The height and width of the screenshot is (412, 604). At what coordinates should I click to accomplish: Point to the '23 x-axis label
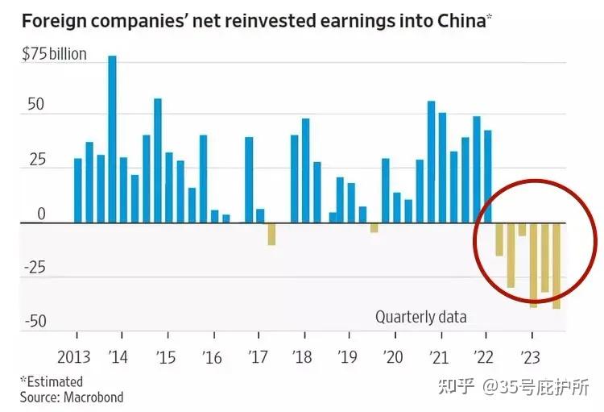[531, 356]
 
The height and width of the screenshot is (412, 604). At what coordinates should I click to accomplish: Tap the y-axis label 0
[40, 214]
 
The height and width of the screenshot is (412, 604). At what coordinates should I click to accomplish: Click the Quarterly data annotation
[420, 317]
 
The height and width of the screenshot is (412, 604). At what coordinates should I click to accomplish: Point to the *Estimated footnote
[52, 381]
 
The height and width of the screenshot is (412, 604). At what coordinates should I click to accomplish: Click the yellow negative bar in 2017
[271, 234]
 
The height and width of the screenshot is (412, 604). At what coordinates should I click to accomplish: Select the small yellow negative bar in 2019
[374, 227]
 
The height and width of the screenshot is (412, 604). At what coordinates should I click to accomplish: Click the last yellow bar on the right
[556, 265]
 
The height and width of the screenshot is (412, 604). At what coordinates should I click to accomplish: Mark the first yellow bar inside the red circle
[499, 239]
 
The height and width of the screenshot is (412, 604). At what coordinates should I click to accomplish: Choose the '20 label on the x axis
[394, 356]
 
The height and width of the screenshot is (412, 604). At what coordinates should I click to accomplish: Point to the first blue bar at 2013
[77, 190]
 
